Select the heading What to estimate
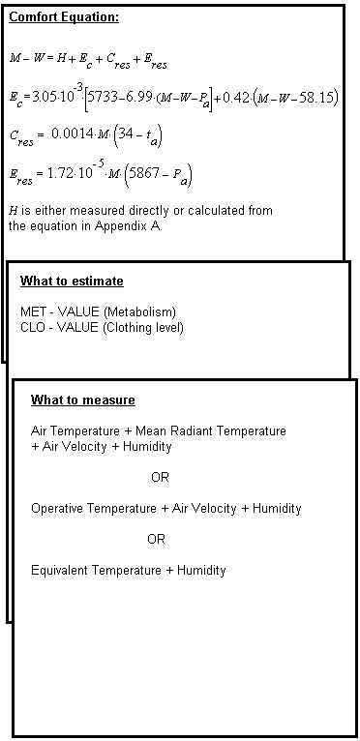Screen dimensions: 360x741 (72, 282)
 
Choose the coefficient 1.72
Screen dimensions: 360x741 (59, 178)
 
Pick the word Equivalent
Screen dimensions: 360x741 (61, 570)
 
